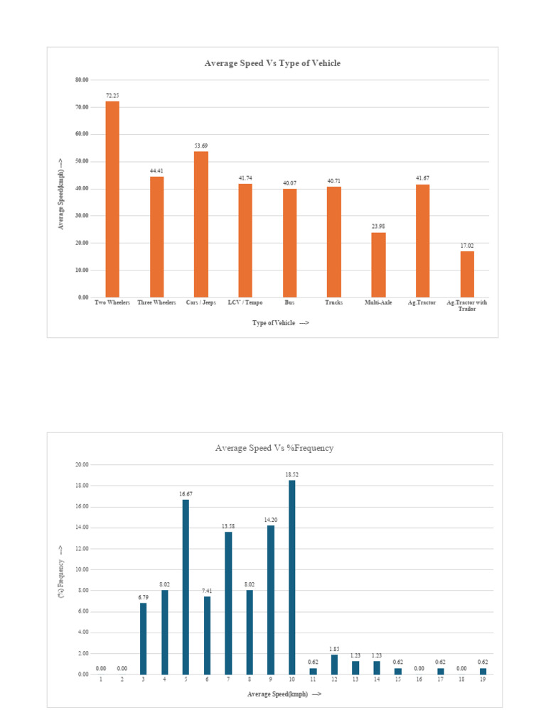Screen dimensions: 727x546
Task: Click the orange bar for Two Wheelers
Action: pyautogui.click(x=112, y=199)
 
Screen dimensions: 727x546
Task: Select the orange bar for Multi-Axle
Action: pyautogui.click(x=379, y=265)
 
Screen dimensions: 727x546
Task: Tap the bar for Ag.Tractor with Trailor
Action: pyautogui.click(x=467, y=274)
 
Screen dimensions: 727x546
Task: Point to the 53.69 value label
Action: pyautogui.click(x=201, y=146)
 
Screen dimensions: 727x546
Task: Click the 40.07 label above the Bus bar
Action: pyautogui.click(x=289, y=183)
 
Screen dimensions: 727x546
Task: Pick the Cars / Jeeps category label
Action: pyautogui.click(x=200, y=302)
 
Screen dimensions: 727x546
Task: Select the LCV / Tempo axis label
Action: pyautogui.click(x=245, y=302)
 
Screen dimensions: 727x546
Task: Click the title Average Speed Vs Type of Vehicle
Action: pyautogui.click(x=272, y=63)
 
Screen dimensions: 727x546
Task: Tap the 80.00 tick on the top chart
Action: pyautogui.click(x=82, y=80)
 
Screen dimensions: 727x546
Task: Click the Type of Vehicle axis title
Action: pyautogui.click(x=280, y=323)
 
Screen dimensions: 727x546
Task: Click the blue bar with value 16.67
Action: pyautogui.click(x=186, y=586)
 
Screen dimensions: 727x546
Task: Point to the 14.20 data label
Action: pyautogui.click(x=271, y=519)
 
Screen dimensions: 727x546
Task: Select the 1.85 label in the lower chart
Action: pyautogui.click(x=334, y=649)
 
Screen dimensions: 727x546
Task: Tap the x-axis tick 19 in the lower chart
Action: pyautogui.click(x=483, y=680)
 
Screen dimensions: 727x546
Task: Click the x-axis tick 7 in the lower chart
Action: pyautogui.click(x=228, y=680)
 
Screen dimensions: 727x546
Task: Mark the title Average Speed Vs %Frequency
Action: pyautogui.click(x=274, y=448)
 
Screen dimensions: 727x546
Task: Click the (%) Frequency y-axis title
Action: pyautogui.click(x=62, y=569)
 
